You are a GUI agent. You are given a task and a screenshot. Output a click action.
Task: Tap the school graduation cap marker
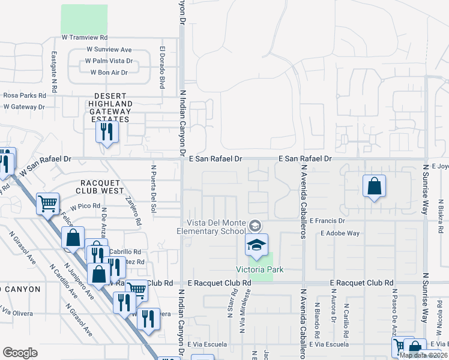(256, 246)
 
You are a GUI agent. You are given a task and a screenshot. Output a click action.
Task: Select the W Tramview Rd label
(85, 37)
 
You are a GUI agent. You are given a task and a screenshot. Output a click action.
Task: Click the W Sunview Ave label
(109, 50)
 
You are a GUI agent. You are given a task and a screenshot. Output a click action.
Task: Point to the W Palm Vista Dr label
(109, 61)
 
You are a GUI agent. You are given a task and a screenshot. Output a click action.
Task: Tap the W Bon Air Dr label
(109, 73)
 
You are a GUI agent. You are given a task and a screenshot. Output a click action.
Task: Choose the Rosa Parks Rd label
(25, 95)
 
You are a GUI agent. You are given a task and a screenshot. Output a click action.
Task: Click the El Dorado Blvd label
(162, 68)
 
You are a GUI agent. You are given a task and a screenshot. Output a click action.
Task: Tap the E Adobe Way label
(340, 233)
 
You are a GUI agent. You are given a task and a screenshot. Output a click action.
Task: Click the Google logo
(20, 353)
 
